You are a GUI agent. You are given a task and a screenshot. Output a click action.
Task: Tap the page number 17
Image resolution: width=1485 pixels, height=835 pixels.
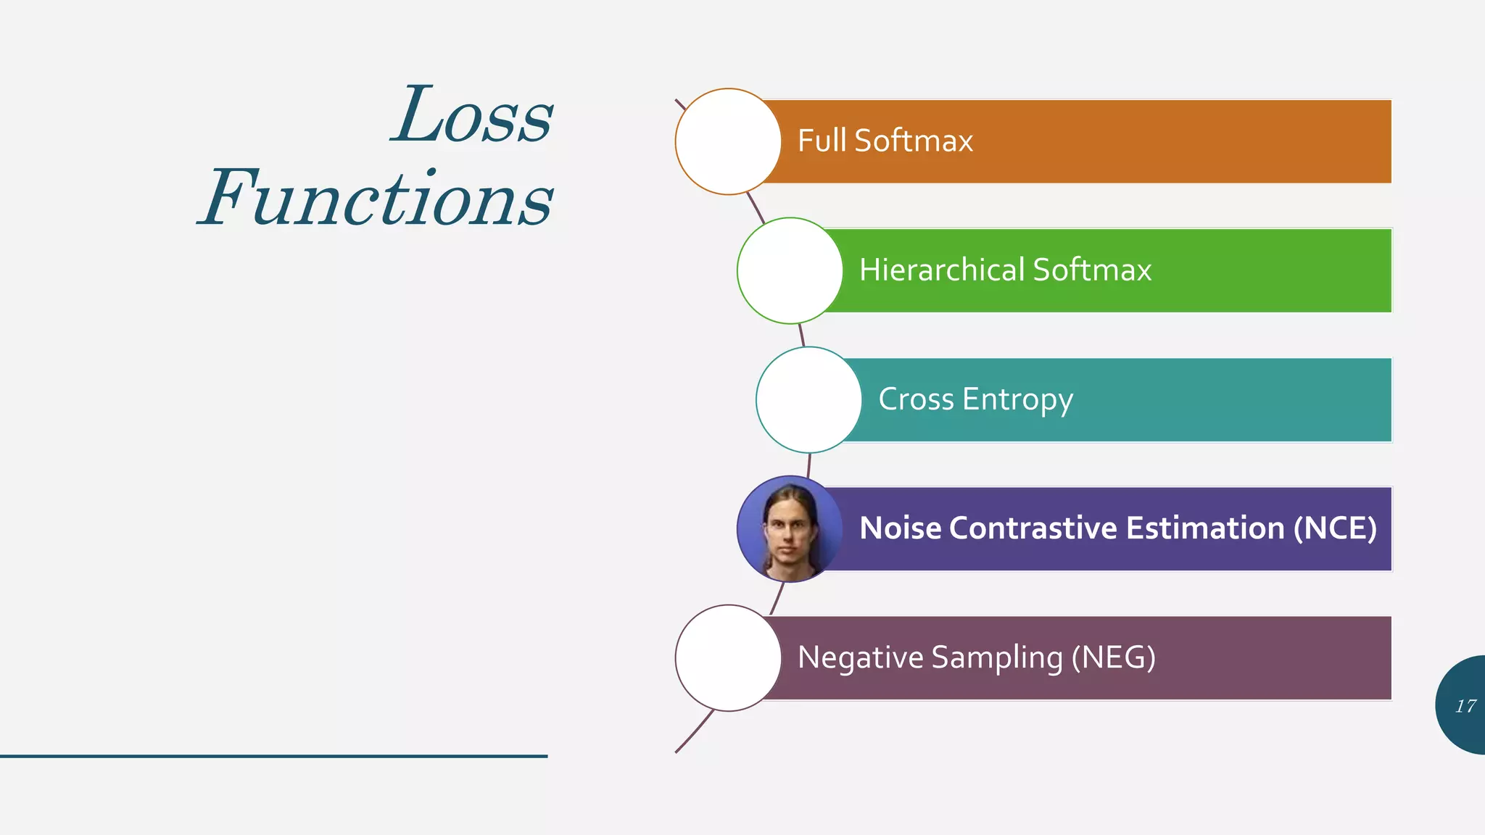1465,706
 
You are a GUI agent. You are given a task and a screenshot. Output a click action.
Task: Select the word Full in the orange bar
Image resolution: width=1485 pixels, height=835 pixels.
822,141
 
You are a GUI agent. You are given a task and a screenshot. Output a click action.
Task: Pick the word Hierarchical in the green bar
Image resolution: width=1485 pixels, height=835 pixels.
941,270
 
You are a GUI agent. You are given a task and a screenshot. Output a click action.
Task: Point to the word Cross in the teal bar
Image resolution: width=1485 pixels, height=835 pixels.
916,399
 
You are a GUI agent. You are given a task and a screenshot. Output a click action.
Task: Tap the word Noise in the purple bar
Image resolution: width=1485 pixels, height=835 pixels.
900,528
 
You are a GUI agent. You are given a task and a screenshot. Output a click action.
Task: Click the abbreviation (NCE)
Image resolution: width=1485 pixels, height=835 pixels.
1335,528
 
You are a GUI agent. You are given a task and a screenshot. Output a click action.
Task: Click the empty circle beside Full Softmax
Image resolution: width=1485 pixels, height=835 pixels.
728,141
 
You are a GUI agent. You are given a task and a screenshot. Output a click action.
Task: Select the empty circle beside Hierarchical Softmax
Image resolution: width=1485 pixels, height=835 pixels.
790,270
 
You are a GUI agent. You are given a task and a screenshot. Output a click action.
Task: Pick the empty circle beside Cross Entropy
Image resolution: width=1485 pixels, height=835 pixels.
808,399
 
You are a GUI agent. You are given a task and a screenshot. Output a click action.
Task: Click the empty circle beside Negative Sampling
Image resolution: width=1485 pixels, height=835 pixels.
728,658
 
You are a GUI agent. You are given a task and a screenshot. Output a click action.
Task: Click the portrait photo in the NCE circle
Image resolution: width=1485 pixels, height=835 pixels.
789,529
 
